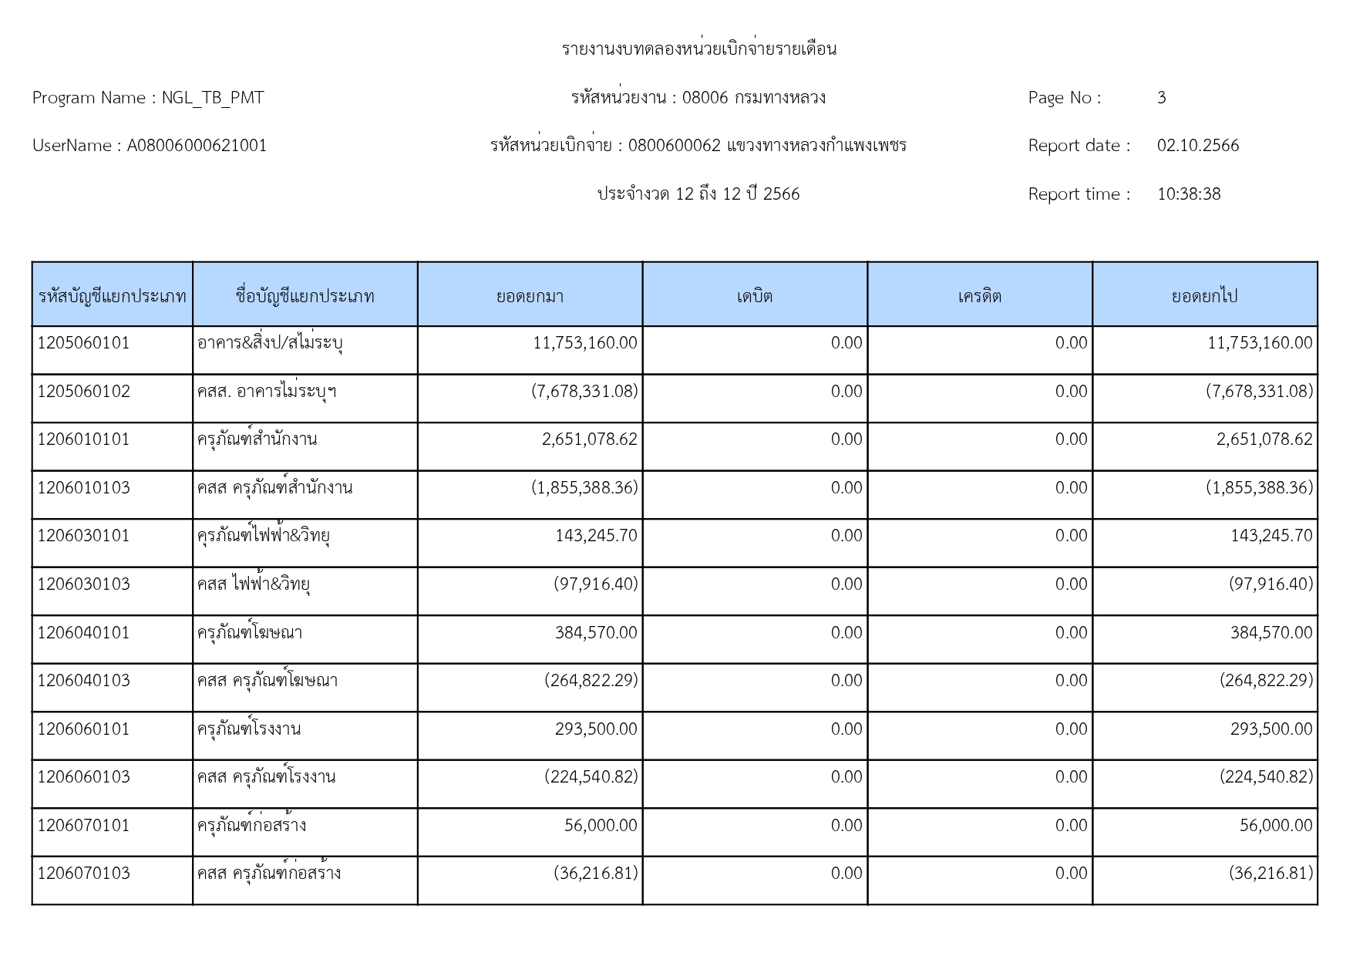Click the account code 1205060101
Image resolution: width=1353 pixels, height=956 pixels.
coord(83,343)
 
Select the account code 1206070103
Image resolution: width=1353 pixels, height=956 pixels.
coord(83,874)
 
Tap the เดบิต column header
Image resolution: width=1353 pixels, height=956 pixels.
coord(754,296)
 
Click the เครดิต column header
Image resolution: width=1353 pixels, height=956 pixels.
coord(979,296)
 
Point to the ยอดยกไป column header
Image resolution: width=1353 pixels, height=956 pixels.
coord(1204,296)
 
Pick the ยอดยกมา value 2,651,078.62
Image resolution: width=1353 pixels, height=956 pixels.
coord(590,439)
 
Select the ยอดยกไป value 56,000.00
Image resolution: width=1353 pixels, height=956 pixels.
coord(1275,826)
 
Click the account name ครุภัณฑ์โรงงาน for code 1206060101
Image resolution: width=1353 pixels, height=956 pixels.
coord(249,729)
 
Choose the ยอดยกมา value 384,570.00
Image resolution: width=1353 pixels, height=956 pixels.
coord(596,633)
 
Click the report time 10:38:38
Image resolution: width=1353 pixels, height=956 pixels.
coord(1188,194)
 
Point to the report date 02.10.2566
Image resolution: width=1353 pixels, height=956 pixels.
coord(1197,146)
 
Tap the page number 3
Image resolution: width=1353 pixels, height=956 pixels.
coord(1161,98)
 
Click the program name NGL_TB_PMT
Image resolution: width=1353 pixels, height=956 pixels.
coord(212,98)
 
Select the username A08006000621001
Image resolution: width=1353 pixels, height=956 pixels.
coord(197,146)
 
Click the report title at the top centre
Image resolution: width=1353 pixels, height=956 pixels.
coord(698,49)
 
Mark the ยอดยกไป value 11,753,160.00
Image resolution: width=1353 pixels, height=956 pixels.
coord(1259,343)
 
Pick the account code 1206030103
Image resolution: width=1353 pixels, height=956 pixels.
coord(83,584)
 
